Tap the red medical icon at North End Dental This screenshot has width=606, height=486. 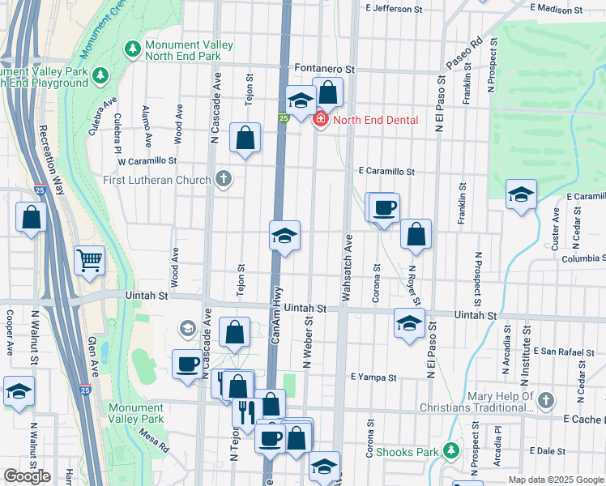pyautogui.click(x=321, y=120)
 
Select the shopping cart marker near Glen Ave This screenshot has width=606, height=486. pyautogui.click(x=90, y=261)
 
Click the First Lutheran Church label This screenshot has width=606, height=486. pyautogui.click(x=157, y=179)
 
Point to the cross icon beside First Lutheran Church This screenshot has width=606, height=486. pyautogui.click(x=224, y=179)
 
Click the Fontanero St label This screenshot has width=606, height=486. pyautogui.click(x=325, y=70)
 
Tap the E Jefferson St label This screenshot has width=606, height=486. pyautogui.click(x=395, y=9)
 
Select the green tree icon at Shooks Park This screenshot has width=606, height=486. pyautogui.click(x=448, y=452)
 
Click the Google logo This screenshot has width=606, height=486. pyautogui.click(x=27, y=476)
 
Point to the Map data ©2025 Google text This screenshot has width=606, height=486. pyautogui.click(x=555, y=480)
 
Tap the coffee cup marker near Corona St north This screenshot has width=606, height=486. pyautogui.click(x=384, y=207)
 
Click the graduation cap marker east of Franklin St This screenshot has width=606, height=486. pyautogui.click(x=522, y=194)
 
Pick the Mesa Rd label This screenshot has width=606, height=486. pyautogui.click(x=153, y=442)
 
